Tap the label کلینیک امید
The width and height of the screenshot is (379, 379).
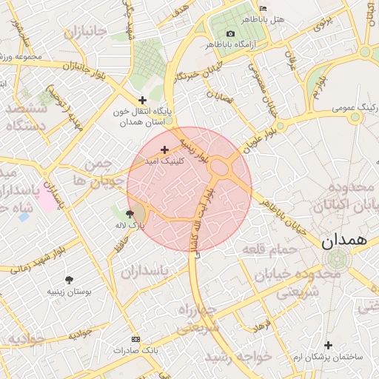point(182,160)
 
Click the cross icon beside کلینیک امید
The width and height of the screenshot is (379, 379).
point(164,150)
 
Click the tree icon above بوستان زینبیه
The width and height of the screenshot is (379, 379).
point(69,281)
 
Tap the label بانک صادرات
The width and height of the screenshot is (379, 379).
point(138,349)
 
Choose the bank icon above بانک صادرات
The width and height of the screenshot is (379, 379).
point(134,339)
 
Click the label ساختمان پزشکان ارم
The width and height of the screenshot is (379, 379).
point(328,358)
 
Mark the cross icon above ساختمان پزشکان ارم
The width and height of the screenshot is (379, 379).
point(328,345)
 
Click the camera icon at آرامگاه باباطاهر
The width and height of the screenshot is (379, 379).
point(230,34)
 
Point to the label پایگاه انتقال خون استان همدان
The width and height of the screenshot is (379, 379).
point(142,116)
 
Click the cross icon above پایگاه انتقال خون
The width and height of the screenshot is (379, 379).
point(142,100)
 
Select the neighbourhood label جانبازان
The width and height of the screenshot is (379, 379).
point(86,33)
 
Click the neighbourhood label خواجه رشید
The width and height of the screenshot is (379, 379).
point(238,358)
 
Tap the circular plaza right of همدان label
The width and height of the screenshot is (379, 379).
point(338,260)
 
